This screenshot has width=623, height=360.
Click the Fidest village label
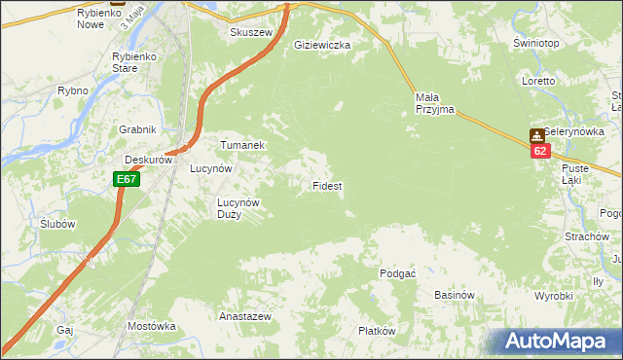click(326, 185)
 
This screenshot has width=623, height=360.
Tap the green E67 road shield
click(126, 179)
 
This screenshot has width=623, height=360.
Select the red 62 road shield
click(541, 151)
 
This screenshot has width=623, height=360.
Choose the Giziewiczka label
click(322, 45)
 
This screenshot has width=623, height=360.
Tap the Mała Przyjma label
click(434, 103)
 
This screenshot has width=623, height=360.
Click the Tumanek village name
click(242, 145)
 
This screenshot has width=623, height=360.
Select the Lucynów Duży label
click(238, 208)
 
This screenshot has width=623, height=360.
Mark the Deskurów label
click(148, 160)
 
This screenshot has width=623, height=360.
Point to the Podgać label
click(398, 273)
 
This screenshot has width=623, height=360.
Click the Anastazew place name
click(244, 317)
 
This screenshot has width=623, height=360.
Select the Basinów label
click(454, 295)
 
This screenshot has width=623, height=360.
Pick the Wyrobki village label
click(554, 295)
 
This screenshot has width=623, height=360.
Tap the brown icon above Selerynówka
click(536, 135)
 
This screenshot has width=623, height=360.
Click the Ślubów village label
click(58, 223)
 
